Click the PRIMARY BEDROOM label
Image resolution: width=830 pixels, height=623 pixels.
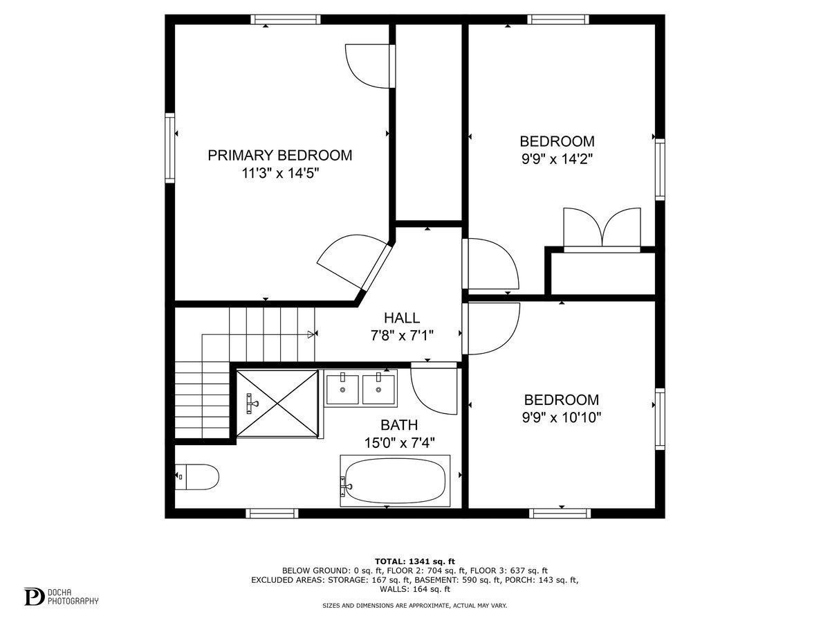280,156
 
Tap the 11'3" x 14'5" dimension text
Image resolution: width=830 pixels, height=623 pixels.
280,174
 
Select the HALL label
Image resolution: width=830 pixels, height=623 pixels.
402,318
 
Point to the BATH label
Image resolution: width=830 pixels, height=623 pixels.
399,425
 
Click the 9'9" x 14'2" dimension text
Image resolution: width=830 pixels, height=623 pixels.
557,159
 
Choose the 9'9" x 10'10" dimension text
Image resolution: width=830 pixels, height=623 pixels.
562,418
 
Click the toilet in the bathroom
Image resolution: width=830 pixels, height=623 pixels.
197,477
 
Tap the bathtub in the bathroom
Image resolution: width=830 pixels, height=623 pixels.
395,481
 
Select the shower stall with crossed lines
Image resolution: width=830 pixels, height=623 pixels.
277,404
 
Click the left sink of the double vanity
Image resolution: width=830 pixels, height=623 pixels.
342,389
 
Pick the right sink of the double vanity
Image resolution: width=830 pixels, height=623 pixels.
378,389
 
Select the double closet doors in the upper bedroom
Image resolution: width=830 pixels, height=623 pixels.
602,230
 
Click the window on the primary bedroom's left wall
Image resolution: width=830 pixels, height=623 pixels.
169,148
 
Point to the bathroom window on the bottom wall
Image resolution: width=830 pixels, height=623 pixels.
272,514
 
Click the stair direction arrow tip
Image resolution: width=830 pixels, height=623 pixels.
314,334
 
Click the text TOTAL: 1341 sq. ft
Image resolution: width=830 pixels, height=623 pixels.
415,561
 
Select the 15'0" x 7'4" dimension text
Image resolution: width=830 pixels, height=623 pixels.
400,443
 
